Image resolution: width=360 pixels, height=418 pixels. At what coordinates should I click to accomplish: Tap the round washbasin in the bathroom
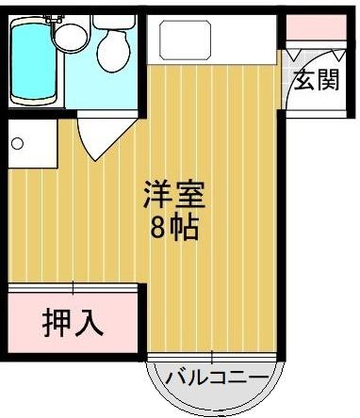[69, 38]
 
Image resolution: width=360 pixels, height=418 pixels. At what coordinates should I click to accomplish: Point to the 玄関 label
[316, 81]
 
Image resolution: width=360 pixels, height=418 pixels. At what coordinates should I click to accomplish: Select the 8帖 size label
[173, 227]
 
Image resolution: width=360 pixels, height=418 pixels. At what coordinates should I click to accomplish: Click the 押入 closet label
[72, 322]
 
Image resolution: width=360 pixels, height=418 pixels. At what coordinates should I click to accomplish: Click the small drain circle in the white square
[16, 144]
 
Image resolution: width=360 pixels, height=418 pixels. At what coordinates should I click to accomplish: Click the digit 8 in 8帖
[158, 227]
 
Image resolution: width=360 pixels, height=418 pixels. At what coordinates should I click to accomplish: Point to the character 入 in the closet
[88, 322]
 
